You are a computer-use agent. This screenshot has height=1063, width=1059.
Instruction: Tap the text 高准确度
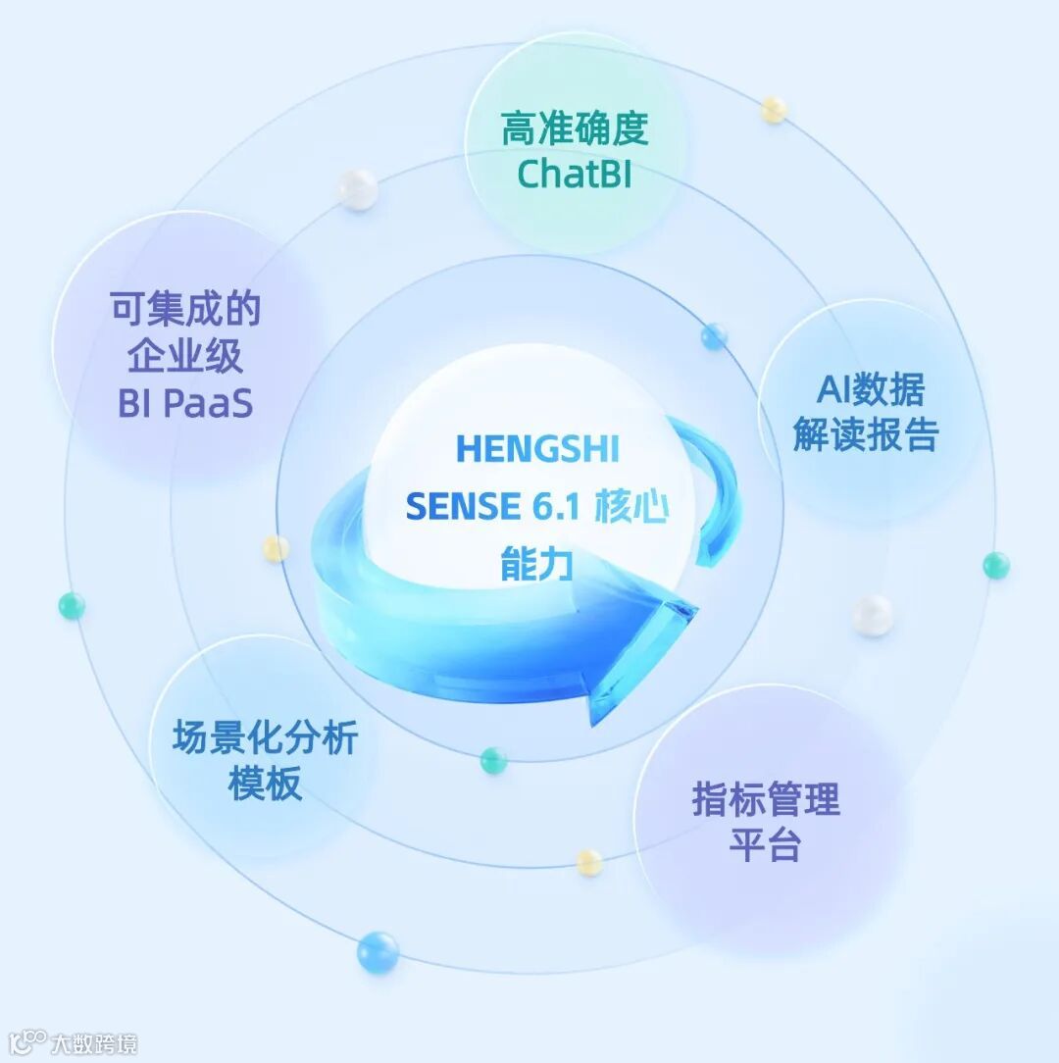click(575, 129)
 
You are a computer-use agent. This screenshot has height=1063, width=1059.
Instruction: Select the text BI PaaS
click(185, 403)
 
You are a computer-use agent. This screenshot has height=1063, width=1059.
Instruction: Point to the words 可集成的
click(185, 310)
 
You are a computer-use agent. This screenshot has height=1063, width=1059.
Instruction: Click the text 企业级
click(185, 357)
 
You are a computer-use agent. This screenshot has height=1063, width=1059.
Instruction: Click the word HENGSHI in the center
click(537, 449)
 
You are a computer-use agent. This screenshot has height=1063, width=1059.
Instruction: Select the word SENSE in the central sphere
click(463, 507)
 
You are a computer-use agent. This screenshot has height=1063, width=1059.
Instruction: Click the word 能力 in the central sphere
click(536, 565)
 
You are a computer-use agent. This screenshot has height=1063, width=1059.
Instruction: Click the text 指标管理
click(766, 799)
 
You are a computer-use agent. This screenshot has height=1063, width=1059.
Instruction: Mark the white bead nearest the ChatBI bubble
click(358, 188)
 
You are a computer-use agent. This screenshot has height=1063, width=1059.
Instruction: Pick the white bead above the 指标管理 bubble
click(871, 615)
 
